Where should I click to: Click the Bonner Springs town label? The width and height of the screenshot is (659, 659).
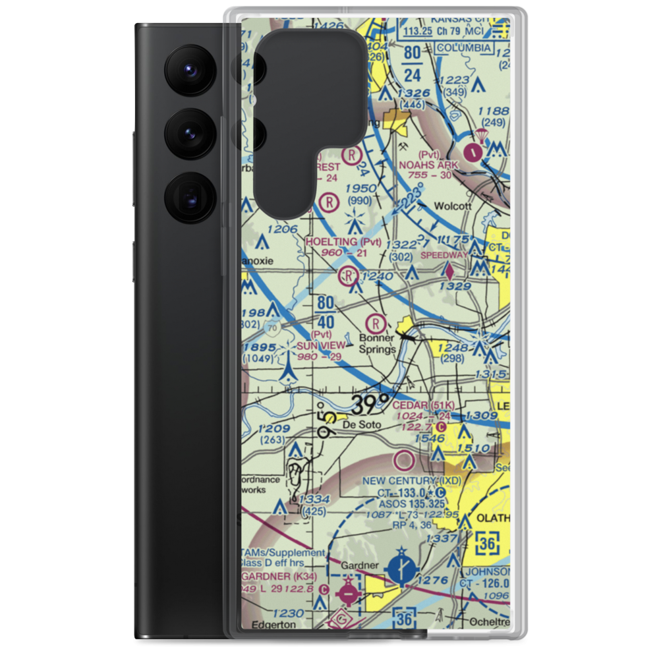click(377, 343)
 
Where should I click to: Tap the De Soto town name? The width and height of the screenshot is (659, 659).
click(362, 426)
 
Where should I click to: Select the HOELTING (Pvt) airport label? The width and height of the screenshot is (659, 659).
click(343, 242)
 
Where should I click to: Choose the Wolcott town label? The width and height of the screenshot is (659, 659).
click(453, 206)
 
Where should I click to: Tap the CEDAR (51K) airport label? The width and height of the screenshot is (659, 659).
click(424, 405)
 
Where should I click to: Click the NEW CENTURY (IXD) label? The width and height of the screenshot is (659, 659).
click(412, 481)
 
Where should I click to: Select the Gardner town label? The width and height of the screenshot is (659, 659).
click(359, 565)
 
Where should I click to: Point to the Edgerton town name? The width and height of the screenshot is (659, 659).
click(270, 624)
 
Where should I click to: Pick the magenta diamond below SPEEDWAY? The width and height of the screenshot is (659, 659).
click(449, 270)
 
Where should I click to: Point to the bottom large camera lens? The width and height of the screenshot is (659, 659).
click(188, 197)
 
